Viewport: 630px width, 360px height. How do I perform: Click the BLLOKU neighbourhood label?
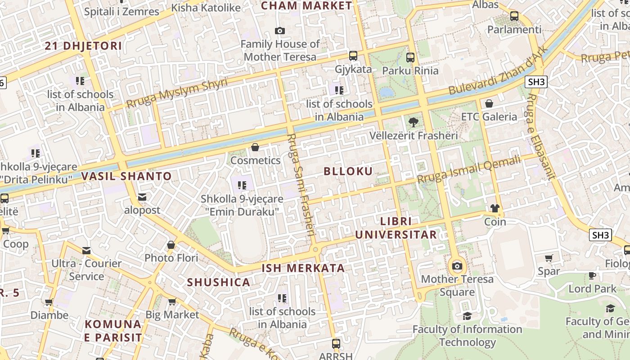tap(348, 171)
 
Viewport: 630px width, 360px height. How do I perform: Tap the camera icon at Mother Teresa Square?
tap(457, 266)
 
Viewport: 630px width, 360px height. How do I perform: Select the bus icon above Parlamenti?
tap(514, 16)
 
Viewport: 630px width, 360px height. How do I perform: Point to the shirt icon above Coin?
tap(495, 208)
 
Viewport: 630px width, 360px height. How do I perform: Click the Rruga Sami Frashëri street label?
tap(301, 184)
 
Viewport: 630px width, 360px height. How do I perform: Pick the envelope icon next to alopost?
tap(142, 197)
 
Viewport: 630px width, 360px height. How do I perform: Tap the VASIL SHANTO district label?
tap(126, 176)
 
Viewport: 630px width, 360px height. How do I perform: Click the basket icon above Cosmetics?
tap(255, 147)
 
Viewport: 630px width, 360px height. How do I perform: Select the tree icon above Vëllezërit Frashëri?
tap(413, 122)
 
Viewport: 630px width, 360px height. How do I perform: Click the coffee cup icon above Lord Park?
tap(592, 275)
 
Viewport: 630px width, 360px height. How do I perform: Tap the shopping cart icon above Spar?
tap(549, 258)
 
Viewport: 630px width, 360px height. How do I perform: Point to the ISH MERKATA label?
tap(303, 268)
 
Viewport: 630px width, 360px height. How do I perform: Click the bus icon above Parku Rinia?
tap(410, 57)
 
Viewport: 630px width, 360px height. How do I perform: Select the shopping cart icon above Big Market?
tap(171, 301)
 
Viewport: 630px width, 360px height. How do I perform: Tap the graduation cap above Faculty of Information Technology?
tap(467, 316)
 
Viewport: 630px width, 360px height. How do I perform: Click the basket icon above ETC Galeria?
tap(489, 103)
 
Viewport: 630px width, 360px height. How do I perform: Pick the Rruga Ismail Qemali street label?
tap(468, 169)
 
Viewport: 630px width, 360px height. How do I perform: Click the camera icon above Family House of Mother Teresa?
tap(280, 31)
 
